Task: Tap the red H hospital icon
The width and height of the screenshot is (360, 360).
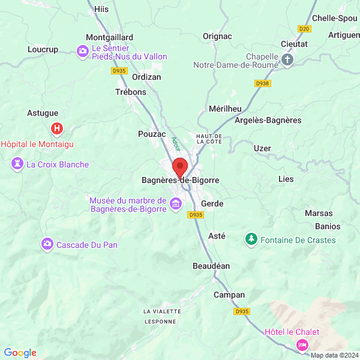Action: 57,128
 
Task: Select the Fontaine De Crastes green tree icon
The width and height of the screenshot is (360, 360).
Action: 250,240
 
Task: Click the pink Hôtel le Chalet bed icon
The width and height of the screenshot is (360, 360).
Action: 302,344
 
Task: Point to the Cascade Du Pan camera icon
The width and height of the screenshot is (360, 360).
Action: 47,244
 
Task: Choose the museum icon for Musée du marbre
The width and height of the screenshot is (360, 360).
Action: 176,205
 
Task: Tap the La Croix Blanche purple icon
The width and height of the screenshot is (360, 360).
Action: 17,164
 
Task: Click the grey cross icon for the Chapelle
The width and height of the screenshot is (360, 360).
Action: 287,59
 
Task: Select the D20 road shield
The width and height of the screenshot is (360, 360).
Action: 304,28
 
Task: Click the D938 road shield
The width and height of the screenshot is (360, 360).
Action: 262,83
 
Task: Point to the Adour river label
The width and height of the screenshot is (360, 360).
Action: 176,143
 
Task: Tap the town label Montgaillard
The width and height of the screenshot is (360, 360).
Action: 109,37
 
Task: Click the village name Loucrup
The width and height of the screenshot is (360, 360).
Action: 43,50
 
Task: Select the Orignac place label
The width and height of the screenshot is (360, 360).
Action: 217,36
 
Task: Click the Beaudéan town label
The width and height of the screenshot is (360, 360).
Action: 211,266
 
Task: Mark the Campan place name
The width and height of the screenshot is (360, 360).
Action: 229,295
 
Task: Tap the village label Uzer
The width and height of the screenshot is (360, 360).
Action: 262,148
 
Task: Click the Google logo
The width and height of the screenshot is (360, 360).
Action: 20,353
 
